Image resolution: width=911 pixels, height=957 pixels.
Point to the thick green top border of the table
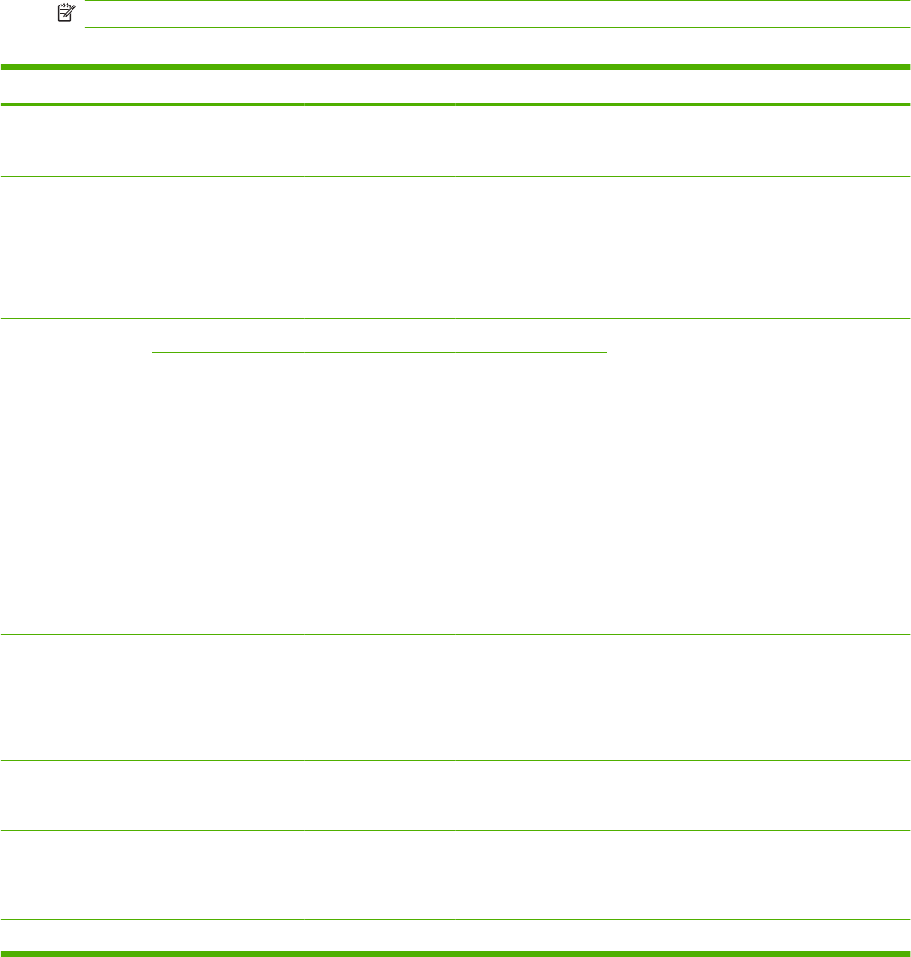point(455,67)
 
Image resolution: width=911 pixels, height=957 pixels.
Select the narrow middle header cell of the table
point(379,87)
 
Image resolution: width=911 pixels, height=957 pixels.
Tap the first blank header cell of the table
point(151,87)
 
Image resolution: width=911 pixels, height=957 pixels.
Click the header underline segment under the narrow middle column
point(379,106)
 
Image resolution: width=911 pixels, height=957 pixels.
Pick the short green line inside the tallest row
point(379,351)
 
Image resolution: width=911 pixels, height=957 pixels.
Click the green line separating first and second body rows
point(455,177)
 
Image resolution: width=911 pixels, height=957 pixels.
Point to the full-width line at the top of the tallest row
point(455,318)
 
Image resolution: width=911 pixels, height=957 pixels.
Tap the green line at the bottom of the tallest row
point(455,634)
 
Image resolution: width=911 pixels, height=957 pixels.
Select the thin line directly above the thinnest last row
point(455,919)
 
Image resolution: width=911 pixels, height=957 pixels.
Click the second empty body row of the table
point(455,248)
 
